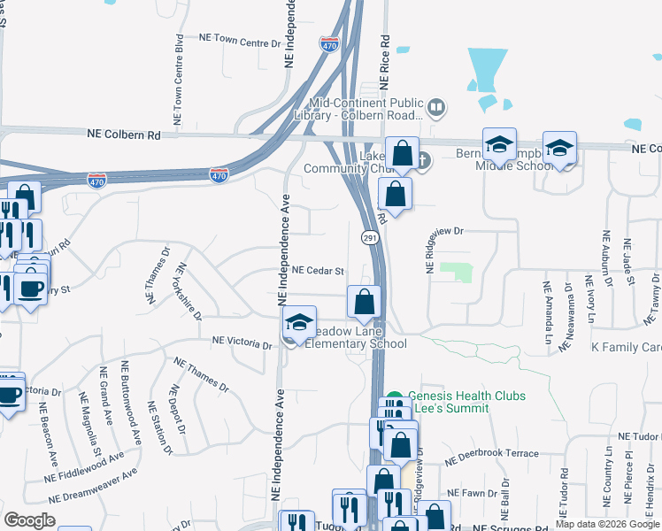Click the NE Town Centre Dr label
235,40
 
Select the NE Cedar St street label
317,270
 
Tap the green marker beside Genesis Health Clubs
395,398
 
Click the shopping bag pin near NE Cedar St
364,302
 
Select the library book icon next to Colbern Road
435,109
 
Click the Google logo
30,519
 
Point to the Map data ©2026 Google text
606,524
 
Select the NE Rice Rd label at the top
384,62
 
